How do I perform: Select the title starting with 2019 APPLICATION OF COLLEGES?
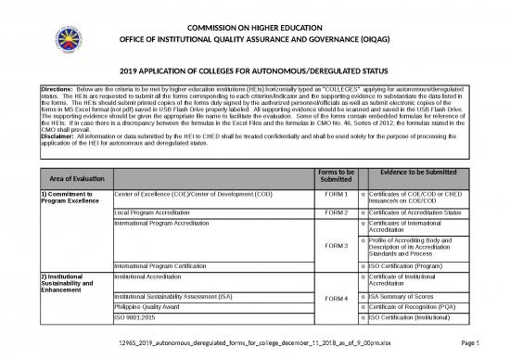(x=255, y=71)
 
